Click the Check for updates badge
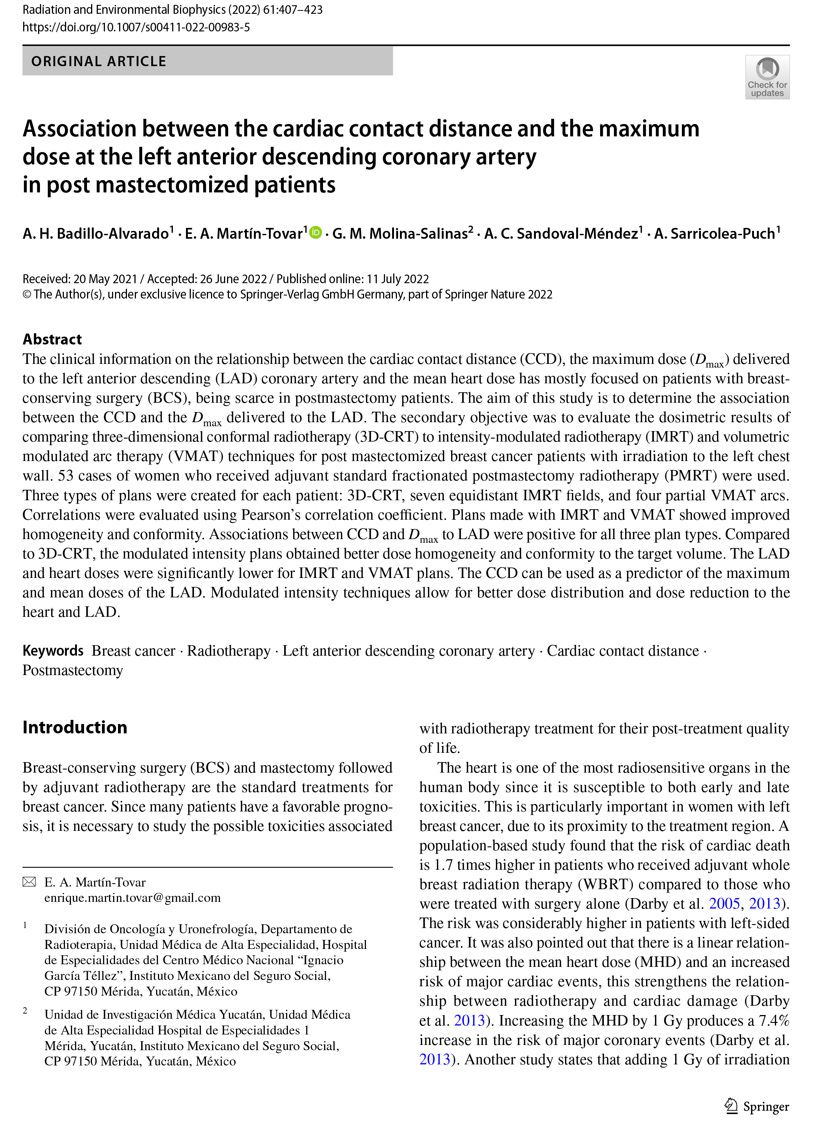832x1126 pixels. (x=767, y=77)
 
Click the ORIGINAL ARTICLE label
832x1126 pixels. (x=99, y=62)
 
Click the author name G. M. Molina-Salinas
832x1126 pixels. (x=400, y=234)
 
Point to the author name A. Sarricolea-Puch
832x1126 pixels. (x=714, y=234)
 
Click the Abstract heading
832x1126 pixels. (x=52, y=339)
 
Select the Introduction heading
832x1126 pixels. (x=75, y=727)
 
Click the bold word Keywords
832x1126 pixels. (x=53, y=650)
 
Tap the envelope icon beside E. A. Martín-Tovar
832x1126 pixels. (x=29, y=882)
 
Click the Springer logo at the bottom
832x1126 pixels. (x=757, y=1106)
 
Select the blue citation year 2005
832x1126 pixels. (x=724, y=903)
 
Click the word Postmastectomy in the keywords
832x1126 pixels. (x=72, y=670)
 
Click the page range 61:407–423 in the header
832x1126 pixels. (x=293, y=10)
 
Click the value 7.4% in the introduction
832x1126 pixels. (x=774, y=1020)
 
